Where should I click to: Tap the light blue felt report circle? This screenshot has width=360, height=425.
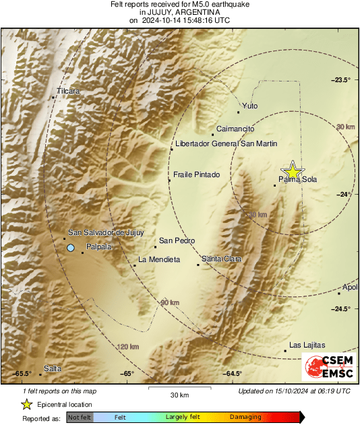71,249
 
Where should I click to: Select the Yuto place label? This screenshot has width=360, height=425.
249,106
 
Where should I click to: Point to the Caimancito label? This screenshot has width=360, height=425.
235,128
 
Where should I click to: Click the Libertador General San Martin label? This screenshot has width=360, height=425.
226,143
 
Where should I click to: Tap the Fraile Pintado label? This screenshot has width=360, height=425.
197,175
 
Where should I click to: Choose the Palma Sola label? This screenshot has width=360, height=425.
297,179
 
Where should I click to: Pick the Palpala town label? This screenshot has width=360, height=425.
98,247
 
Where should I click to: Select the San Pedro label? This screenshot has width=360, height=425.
177,240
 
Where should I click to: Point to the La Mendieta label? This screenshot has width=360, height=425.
158,259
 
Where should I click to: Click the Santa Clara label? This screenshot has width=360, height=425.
221,259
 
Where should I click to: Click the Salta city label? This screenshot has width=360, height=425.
52,368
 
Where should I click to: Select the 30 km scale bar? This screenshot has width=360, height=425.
179,390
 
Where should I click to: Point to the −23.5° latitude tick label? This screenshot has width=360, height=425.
341,80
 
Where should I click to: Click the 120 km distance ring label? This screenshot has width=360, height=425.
127,347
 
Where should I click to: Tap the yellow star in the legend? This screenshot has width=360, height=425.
26,404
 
